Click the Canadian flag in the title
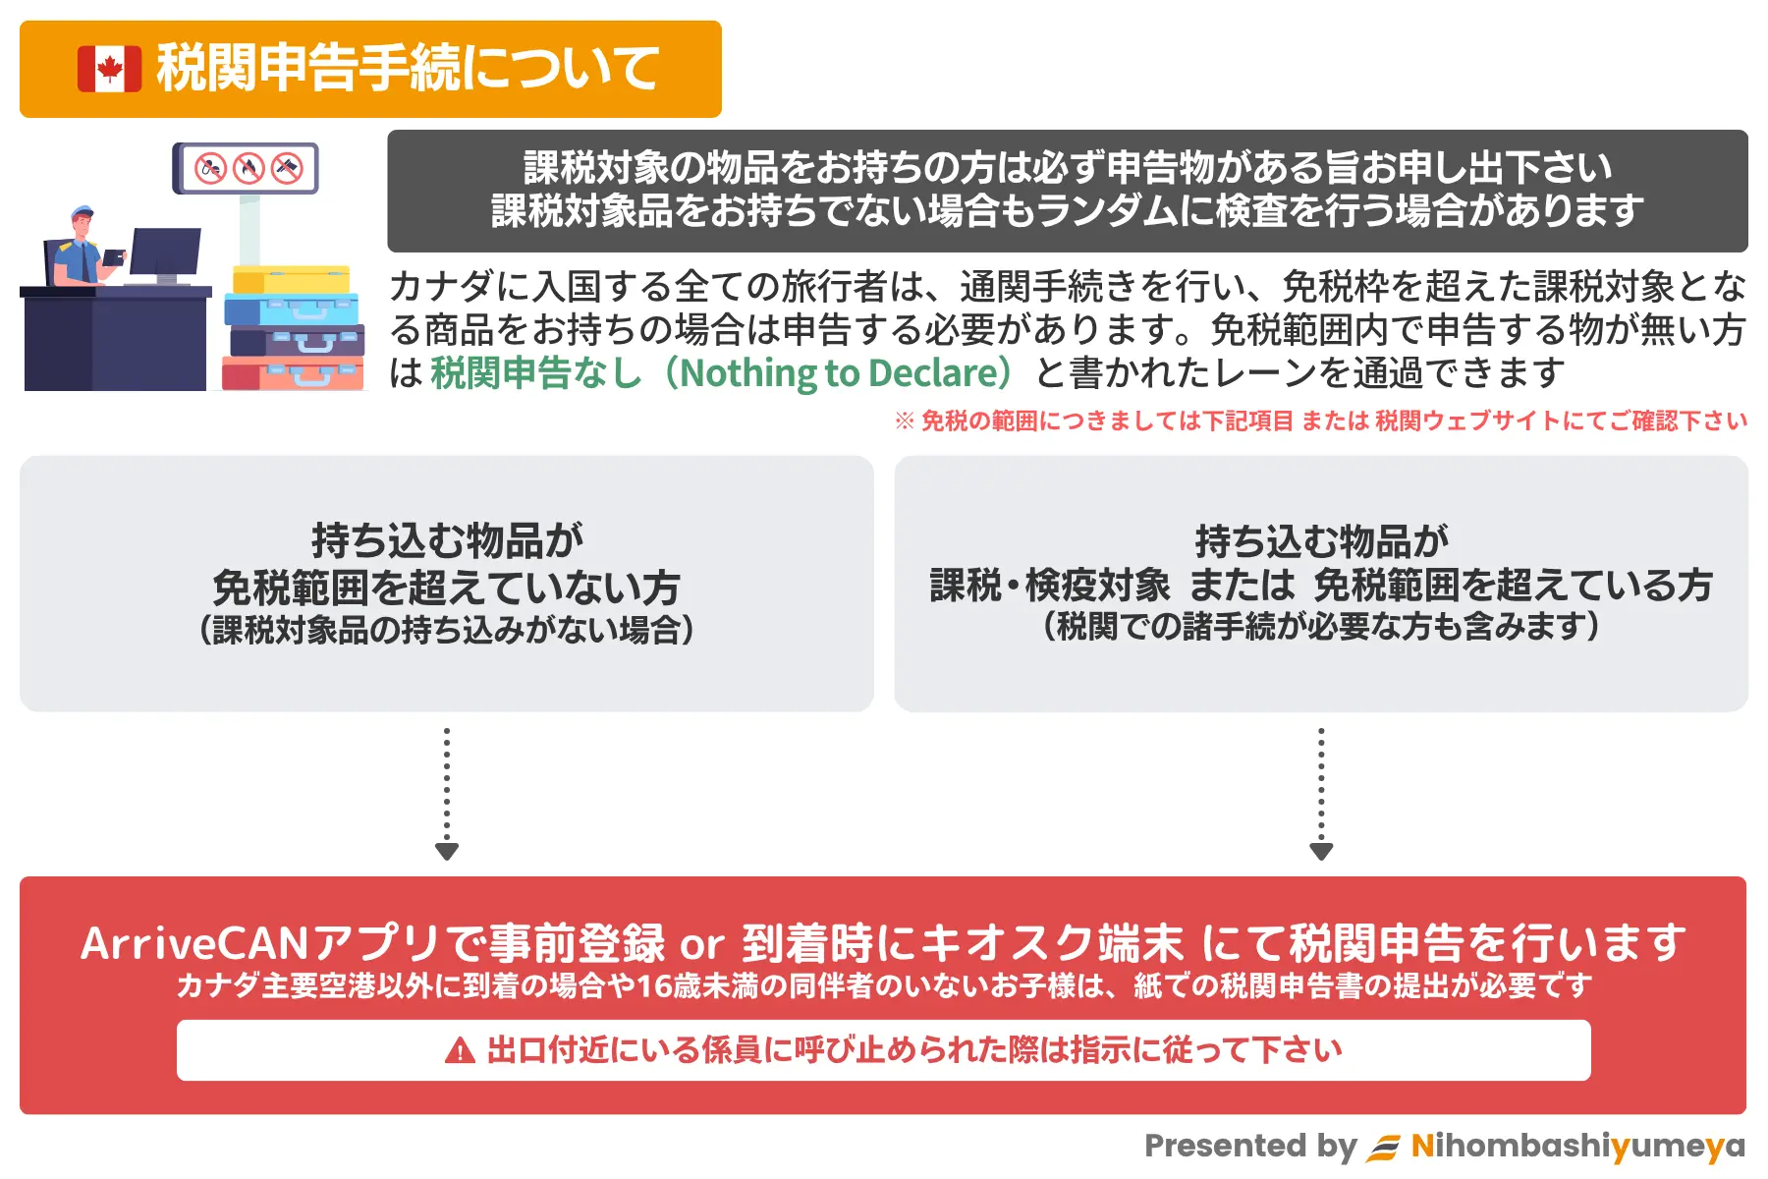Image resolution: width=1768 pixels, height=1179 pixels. coord(110,69)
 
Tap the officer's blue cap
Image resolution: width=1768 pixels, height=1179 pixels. coord(82,211)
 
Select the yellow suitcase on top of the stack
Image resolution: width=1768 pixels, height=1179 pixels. coord(292,279)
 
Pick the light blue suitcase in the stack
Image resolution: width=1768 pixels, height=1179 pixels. coord(292,309)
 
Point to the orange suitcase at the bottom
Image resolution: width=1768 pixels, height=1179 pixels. coord(293,373)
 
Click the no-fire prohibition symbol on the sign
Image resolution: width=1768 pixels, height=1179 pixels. coord(249,168)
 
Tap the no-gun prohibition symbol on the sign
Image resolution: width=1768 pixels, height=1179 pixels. coord(287,168)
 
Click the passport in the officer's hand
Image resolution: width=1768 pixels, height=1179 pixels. coord(114,256)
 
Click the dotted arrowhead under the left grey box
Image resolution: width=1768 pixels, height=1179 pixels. coord(447,851)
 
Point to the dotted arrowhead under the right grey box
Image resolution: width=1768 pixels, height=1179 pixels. coord(1321,851)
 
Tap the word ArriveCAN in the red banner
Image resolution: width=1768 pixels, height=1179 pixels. coord(195,943)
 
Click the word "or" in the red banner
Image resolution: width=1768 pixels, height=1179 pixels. coord(702,945)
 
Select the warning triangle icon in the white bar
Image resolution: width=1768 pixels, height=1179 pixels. coord(460,1050)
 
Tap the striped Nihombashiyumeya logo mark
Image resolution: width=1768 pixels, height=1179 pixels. coord(1384,1148)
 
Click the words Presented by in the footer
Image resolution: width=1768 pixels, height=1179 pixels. coord(1250,1147)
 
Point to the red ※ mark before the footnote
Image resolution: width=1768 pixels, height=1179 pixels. coord(905,421)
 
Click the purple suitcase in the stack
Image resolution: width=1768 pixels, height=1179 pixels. coord(297,341)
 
